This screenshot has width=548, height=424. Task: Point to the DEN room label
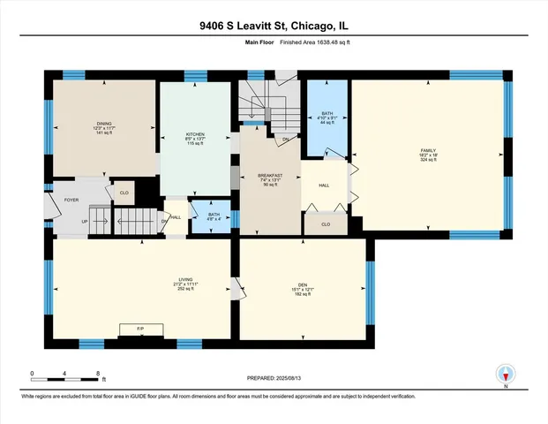pos(302,284)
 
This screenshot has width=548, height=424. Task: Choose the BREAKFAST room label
pos(269,176)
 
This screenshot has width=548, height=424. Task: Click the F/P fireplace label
pos(139,329)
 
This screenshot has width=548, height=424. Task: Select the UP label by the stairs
pos(85,221)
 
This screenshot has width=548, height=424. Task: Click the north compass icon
pos(507,375)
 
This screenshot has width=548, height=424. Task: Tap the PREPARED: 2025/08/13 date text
pos(273,377)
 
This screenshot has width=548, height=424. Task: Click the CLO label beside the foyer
pos(124,192)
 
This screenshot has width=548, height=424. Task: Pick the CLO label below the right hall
pos(325,224)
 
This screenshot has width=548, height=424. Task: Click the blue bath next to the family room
pos(327,117)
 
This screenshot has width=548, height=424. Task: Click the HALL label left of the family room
pos(324,185)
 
